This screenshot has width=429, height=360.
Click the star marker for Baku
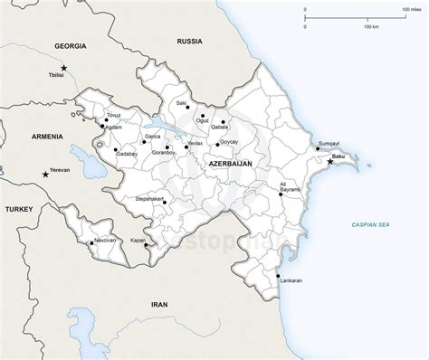point(330,162)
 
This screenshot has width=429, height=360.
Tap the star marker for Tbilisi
point(64,68)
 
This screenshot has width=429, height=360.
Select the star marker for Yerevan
point(45,173)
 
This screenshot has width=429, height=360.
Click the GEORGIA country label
point(70,45)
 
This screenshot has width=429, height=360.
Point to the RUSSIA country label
point(190,42)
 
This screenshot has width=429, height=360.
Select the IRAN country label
point(159,304)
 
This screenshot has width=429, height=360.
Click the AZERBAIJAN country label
point(230,164)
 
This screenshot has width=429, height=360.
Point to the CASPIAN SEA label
point(370,223)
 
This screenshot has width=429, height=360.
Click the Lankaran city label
point(290,281)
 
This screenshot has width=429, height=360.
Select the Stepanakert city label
point(149,196)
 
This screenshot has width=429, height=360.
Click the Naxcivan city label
point(105,242)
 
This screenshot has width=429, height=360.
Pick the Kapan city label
point(138,242)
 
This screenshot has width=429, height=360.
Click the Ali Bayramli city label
point(290,187)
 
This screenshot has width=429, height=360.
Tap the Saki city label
point(182,104)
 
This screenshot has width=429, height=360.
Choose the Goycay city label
point(229,142)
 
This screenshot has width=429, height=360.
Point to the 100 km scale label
point(371,26)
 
